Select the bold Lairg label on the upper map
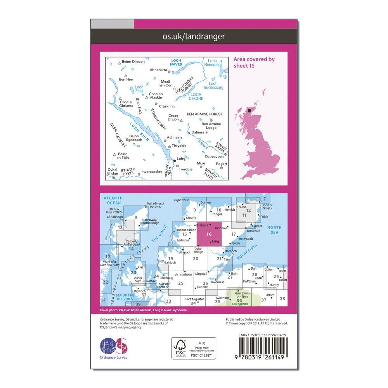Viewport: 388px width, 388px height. click(x=181, y=159)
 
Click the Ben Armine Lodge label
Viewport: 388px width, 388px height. click(x=211, y=126)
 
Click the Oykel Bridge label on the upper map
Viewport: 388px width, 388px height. click(x=113, y=171)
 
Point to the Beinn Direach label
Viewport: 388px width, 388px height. click(x=133, y=62)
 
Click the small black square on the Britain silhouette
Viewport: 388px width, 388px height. click(x=250, y=111)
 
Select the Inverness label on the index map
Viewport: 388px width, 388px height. click(x=218, y=282)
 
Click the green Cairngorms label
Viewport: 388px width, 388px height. click(x=239, y=305)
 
